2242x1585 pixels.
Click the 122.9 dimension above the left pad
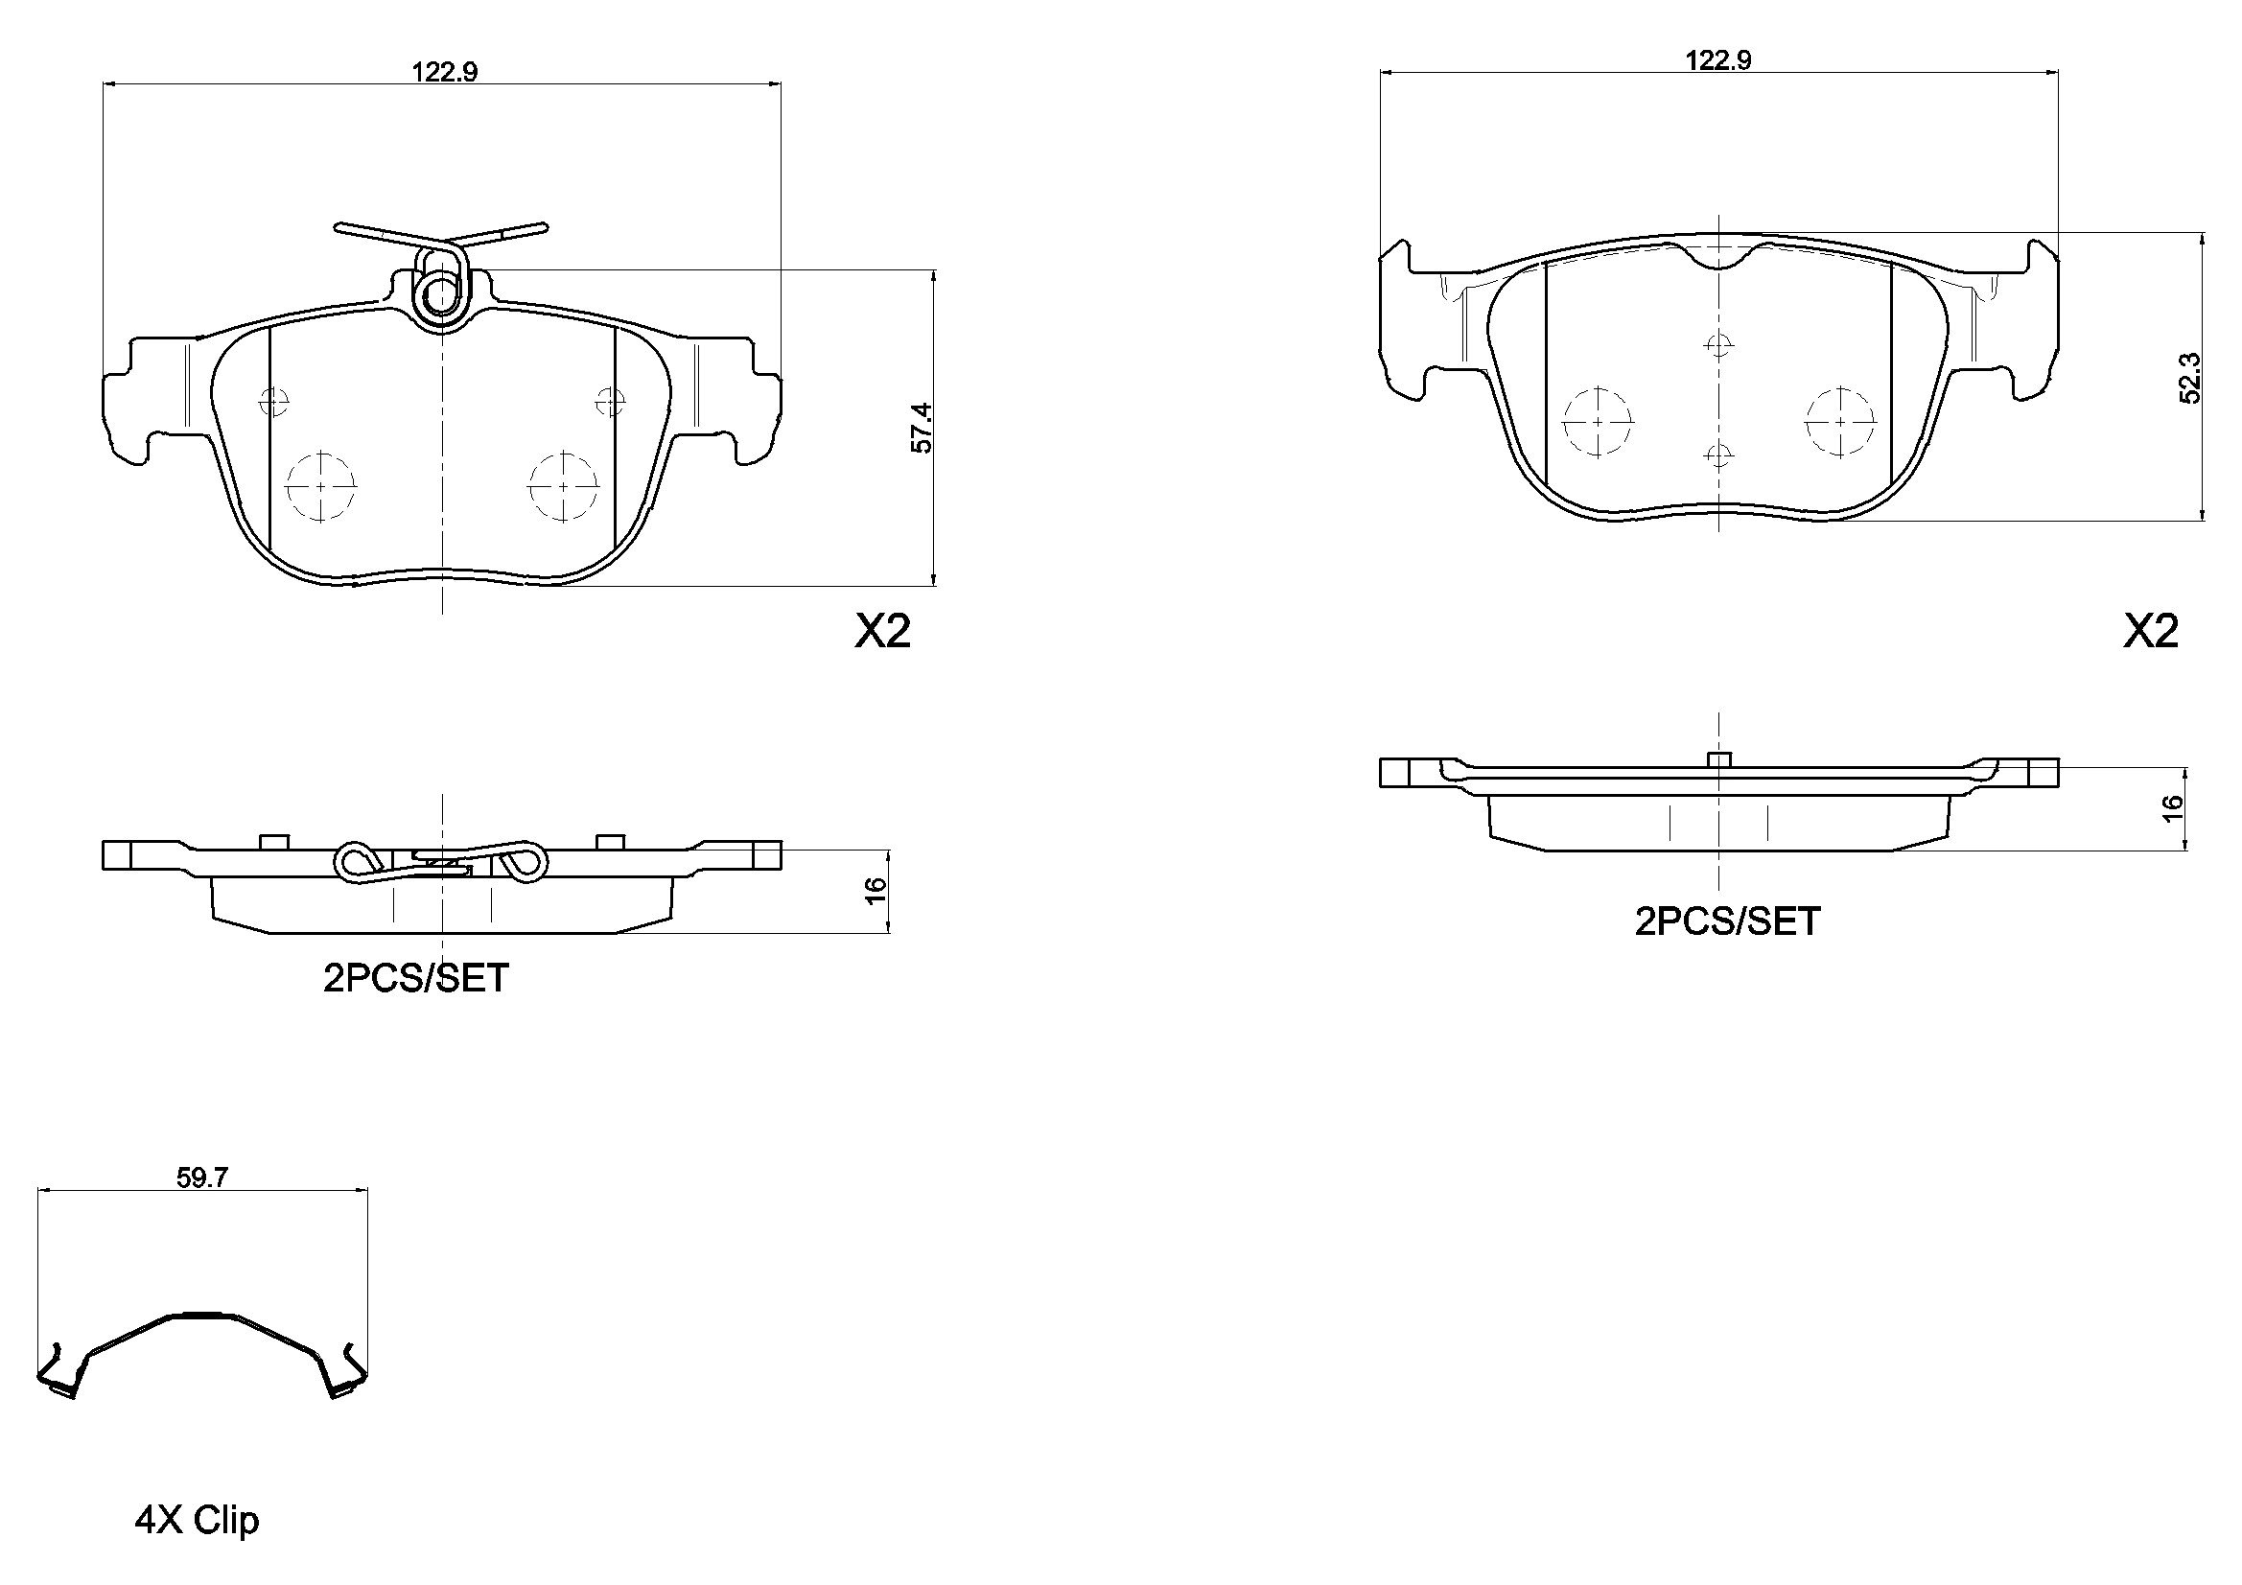tap(444, 71)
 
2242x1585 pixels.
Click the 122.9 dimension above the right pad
tap(1717, 59)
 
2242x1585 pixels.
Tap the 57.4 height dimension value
tap(922, 428)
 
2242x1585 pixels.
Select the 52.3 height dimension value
tap(2189, 377)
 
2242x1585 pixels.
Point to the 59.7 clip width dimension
tap(202, 1177)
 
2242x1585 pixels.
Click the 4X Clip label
tap(197, 1521)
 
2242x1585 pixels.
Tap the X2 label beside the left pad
tap(882, 632)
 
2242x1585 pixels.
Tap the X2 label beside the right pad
tap(2150, 632)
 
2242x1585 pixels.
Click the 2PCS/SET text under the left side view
tap(416, 978)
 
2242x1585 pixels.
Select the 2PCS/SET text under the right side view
tap(1727, 921)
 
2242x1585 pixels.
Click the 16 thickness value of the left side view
tap(876, 889)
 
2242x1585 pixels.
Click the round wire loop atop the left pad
tap(442, 292)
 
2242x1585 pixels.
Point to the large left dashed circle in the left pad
tap(320, 485)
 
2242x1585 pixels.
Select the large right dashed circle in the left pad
tap(564, 485)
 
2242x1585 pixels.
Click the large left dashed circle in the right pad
tap(1598, 421)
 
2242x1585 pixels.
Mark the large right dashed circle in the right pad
tap(1839, 421)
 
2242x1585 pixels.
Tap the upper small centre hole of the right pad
tap(1717, 345)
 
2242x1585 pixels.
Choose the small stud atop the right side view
tap(1717, 758)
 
